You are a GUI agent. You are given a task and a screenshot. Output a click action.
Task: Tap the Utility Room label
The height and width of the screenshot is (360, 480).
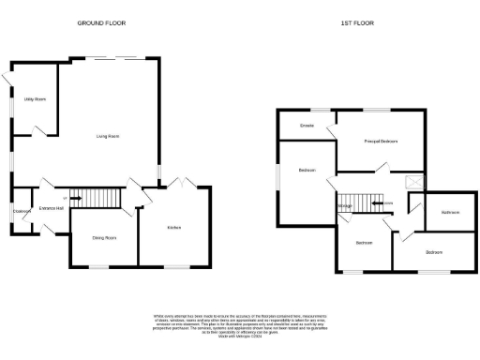(35, 98)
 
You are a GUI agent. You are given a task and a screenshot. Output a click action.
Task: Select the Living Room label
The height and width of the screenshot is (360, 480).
(108, 137)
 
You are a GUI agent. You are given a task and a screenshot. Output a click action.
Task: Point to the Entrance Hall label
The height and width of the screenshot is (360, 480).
(51, 208)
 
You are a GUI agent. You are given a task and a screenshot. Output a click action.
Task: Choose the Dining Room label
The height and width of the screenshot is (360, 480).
(104, 238)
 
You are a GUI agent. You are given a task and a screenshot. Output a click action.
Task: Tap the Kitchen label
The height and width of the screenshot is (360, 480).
(173, 228)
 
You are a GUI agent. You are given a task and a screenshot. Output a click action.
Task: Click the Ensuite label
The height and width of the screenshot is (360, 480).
(306, 125)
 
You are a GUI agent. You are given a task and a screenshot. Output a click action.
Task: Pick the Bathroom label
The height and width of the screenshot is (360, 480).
(451, 213)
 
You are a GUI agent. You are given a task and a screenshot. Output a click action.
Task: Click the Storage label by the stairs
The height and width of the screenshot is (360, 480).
(345, 207)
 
